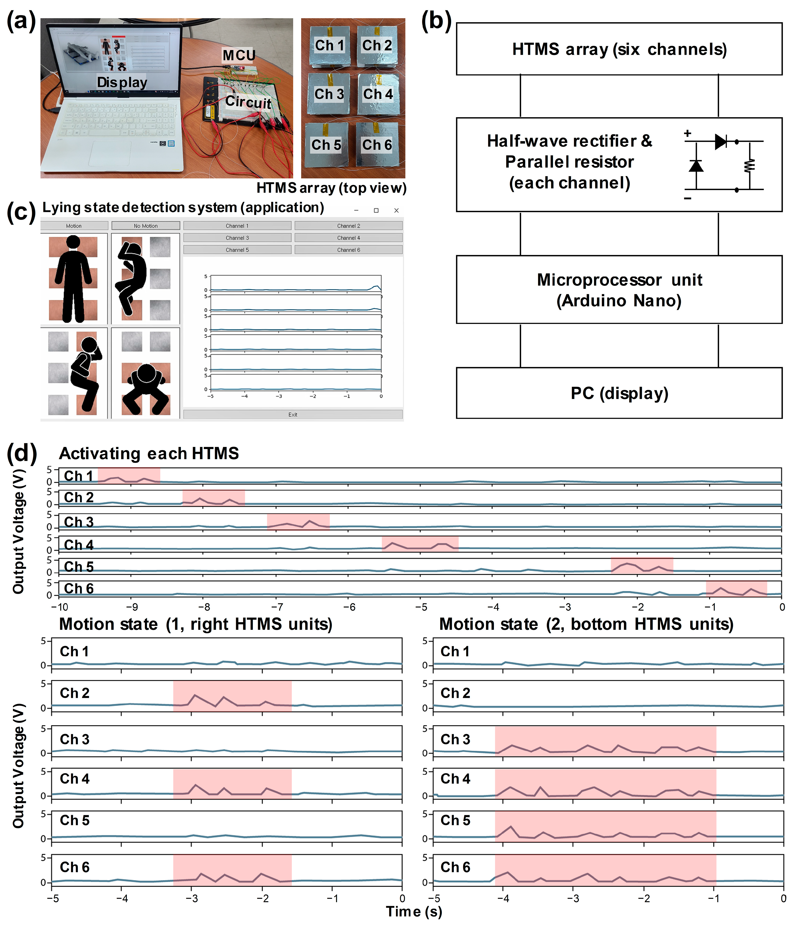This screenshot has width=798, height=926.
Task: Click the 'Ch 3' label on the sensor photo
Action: pyautogui.click(x=329, y=94)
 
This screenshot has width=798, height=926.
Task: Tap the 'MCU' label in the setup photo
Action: pyautogui.click(x=239, y=55)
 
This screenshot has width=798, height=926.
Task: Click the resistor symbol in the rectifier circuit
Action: pyautogui.click(x=749, y=166)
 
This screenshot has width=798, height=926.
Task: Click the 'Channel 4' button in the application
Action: pyautogui.click(x=349, y=238)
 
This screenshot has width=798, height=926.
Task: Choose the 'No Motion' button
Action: pyautogui.click(x=146, y=226)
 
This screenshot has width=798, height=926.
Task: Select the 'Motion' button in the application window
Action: pyautogui.click(x=74, y=226)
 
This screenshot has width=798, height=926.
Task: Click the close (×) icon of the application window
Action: pyautogui.click(x=396, y=210)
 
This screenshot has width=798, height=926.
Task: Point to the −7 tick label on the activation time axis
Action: pyautogui.click(x=277, y=607)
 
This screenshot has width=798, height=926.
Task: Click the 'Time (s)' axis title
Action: pyautogui.click(x=414, y=912)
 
